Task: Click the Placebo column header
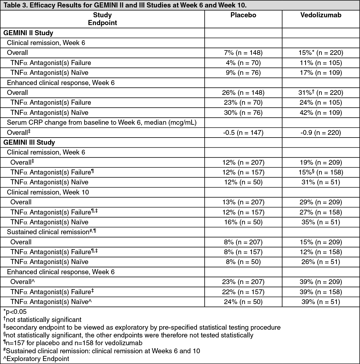243,15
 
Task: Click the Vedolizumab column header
321,15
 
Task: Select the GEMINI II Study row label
28,33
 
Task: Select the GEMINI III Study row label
29,142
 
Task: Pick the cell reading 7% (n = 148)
243,53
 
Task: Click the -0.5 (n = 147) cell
243,132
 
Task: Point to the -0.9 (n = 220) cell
321,132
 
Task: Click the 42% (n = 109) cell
321,112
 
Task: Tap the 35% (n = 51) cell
321,222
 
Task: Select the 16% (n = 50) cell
243,222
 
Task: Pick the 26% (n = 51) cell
321,262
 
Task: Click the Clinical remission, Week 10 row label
48,192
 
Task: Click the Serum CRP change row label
102,123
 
